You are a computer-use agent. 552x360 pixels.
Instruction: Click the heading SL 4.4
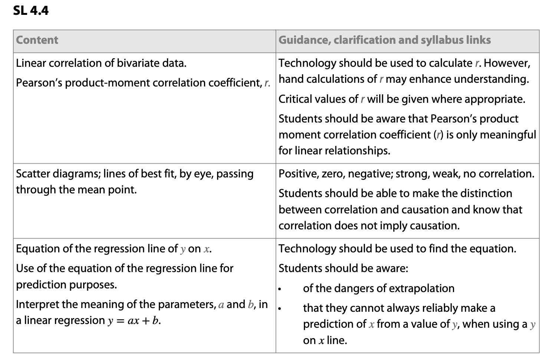[31, 10]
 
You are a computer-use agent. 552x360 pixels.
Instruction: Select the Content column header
[37, 40]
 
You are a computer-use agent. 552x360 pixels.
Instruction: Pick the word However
[507, 63]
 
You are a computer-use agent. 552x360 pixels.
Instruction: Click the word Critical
[295, 99]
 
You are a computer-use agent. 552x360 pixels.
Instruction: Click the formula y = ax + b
[134, 321]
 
